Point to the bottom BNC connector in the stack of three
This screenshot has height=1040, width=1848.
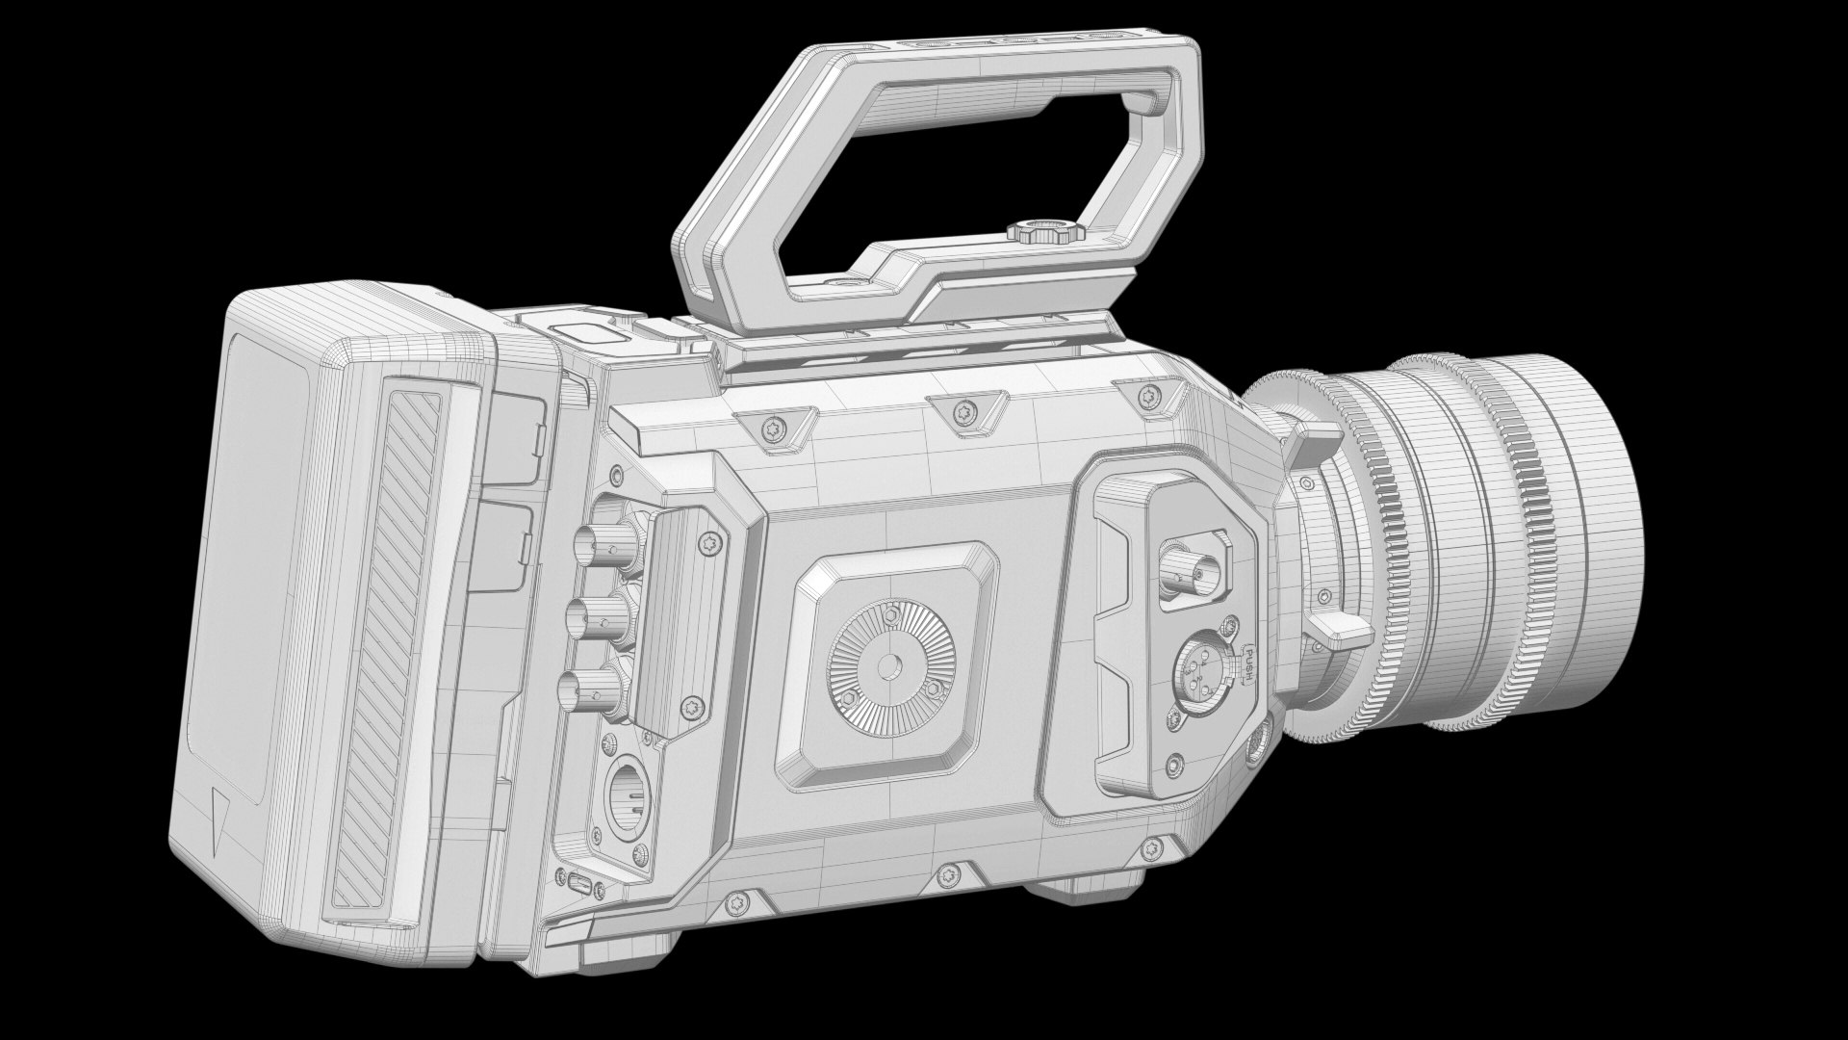click(x=580, y=686)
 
